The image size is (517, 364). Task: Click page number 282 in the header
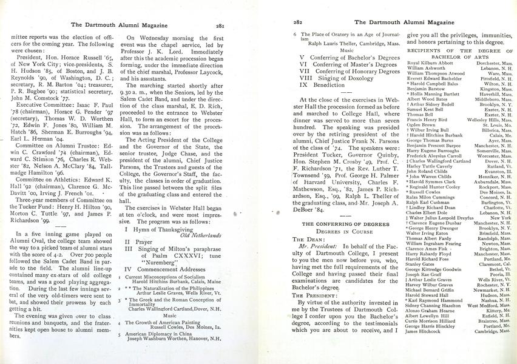pos(297,22)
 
